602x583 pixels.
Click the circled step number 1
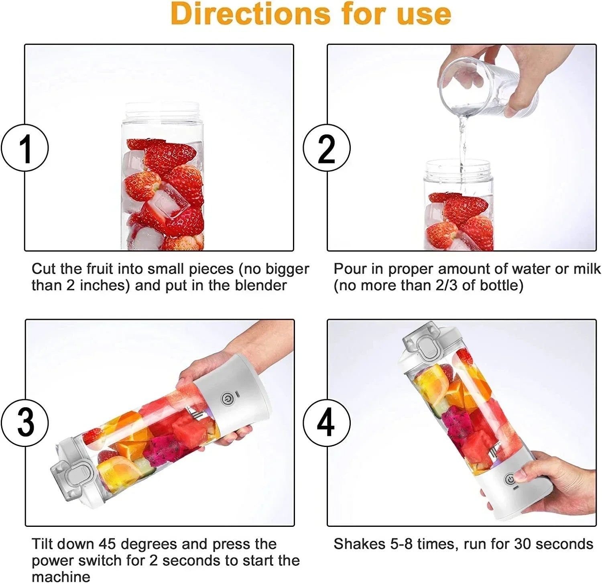[x=25, y=148]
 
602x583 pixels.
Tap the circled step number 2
[x=326, y=148]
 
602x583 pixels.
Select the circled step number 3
[x=25, y=423]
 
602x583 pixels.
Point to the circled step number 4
[x=326, y=423]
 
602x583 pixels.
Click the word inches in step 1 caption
[x=104, y=286]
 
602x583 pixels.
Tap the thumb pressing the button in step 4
[x=522, y=476]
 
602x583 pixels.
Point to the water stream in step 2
[x=463, y=140]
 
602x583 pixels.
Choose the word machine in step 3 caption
[x=61, y=577]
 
